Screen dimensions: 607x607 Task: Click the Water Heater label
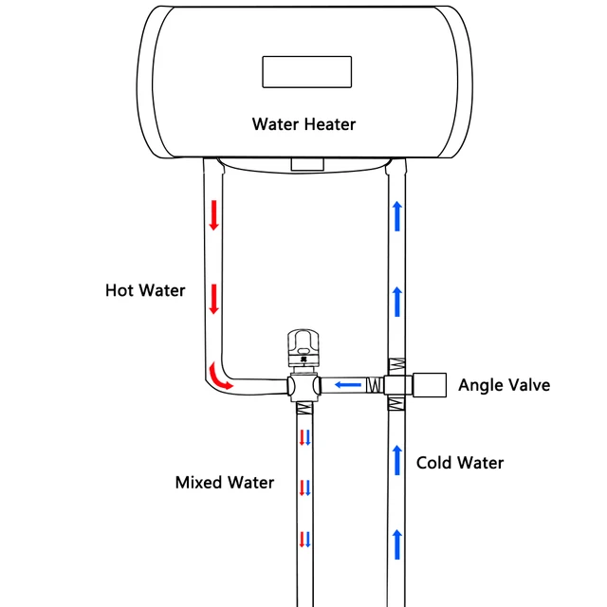tap(303, 124)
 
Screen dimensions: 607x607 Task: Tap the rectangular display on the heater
tap(307, 72)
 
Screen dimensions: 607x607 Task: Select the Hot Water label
tap(145, 290)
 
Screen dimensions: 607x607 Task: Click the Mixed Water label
tap(225, 483)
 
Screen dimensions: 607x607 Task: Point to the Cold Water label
tap(460, 463)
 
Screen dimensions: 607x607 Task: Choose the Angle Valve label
tap(504, 384)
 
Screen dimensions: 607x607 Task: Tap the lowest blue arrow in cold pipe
tap(396, 543)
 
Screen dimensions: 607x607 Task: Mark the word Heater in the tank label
tap(329, 124)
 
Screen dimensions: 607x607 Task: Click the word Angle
tap(480, 384)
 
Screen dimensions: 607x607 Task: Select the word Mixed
tap(197, 483)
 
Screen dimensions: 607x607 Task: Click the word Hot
tap(120, 290)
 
